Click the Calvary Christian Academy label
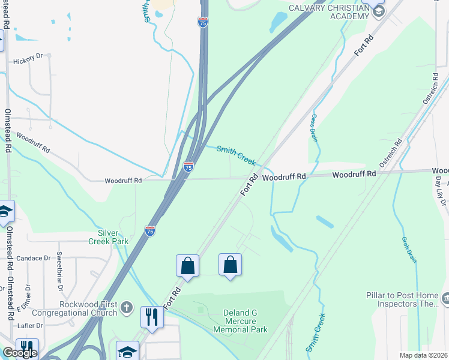(328, 11)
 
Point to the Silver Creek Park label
(113, 237)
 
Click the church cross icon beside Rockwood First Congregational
(126, 308)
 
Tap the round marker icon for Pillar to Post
(445, 298)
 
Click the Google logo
(20, 353)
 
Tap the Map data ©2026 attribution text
(423, 355)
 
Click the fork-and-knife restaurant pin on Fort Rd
(152, 319)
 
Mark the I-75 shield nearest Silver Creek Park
(150, 230)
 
